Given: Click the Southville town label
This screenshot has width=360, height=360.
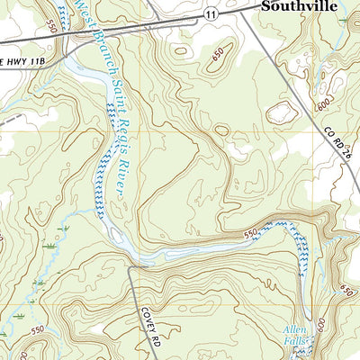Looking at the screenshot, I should [x=300, y=6].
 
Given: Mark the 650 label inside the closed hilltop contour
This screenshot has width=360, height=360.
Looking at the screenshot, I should [x=217, y=57].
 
